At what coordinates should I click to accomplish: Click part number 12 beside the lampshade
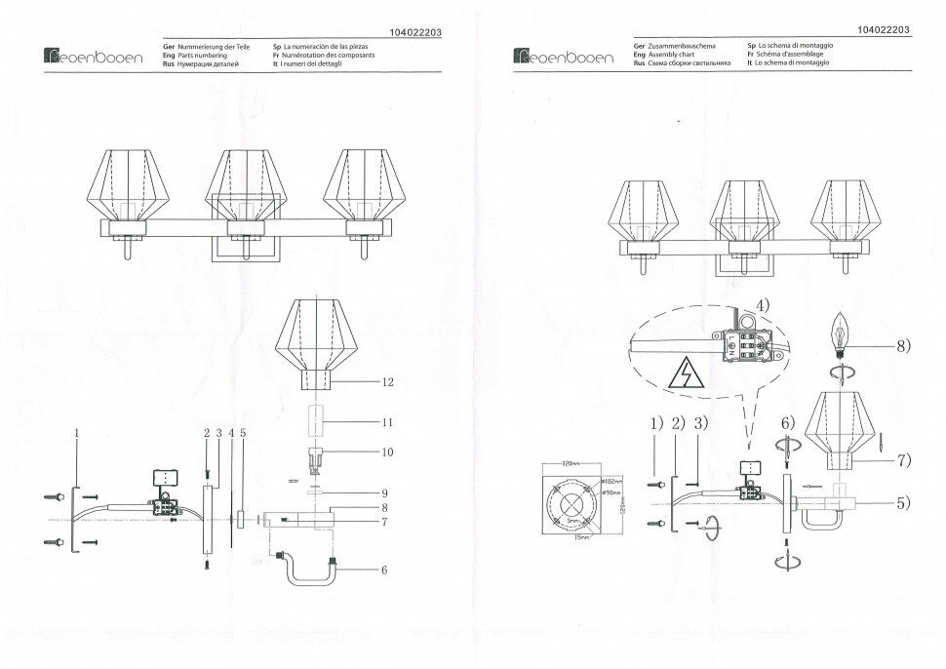pos(388,382)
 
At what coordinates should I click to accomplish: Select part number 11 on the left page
pos(388,421)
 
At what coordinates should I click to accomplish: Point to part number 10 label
pos(388,452)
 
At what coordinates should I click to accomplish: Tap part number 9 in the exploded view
pos(386,492)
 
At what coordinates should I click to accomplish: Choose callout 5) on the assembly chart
pos(903,504)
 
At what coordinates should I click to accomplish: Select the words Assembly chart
pos(675,55)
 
